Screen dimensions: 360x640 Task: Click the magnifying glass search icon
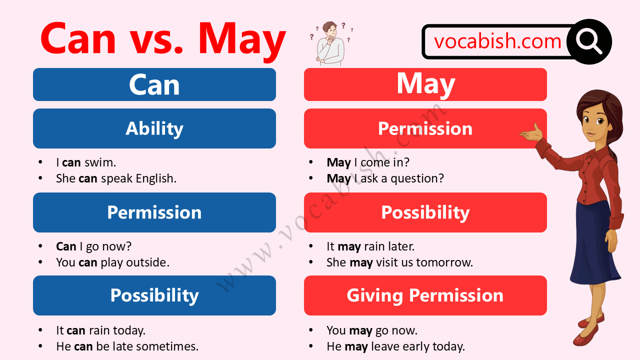(589, 41)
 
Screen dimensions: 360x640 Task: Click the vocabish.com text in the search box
(497, 41)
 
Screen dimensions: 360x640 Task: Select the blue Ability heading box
(154, 128)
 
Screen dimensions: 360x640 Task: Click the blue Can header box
(154, 84)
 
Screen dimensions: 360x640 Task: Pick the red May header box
(425, 84)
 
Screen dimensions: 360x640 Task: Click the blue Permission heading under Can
(154, 212)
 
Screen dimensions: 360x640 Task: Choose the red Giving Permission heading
(425, 295)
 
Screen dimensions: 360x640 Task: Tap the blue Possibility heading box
(154, 295)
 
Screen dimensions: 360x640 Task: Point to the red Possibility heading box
(425, 212)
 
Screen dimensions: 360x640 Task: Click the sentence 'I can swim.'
(86, 162)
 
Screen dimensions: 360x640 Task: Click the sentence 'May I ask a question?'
(385, 178)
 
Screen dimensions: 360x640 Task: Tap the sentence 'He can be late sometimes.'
(127, 346)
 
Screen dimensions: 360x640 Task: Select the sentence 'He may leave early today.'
(395, 346)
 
